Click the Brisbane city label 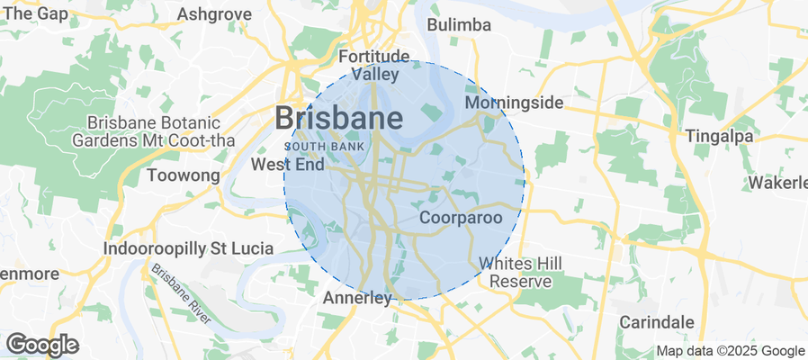pyautogui.click(x=338, y=118)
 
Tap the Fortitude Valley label pyautogui.click(x=374, y=65)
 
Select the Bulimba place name pyautogui.click(x=459, y=24)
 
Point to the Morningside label pyautogui.click(x=514, y=103)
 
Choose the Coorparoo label pyautogui.click(x=461, y=218)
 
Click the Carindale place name pyautogui.click(x=657, y=321)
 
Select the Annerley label pyautogui.click(x=357, y=297)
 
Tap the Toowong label pyautogui.click(x=183, y=175)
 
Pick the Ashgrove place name pyautogui.click(x=213, y=14)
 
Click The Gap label pyautogui.click(x=36, y=14)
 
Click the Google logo pyautogui.click(x=42, y=344)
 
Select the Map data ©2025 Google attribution pyautogui.click(x=730, y=351)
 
